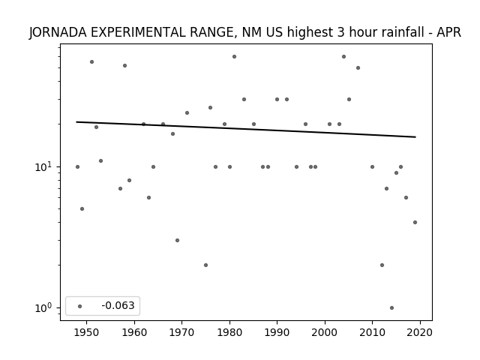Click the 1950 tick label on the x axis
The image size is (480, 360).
coord(86,333)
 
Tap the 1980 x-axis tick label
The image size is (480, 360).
coord(229,333)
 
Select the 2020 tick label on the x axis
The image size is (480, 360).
coord(420,333)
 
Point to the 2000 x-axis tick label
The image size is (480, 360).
coord(325,333)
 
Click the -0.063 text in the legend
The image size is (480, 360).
coord(118,305)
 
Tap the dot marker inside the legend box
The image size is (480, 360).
coord(80,306)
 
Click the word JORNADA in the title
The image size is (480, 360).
coord(58,32)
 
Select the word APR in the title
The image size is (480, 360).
coord(448,32)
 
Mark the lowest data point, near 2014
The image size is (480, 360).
coord(391,307)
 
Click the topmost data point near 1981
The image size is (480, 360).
coord(234,57)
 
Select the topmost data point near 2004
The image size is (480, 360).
coord(343,57)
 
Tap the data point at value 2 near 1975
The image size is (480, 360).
coord(205,265)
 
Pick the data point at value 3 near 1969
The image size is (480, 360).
coord(177,240)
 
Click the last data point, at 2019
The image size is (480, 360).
coord(415,222)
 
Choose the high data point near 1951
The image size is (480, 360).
coord(91,61)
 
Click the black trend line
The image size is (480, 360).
coord(246,130)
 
